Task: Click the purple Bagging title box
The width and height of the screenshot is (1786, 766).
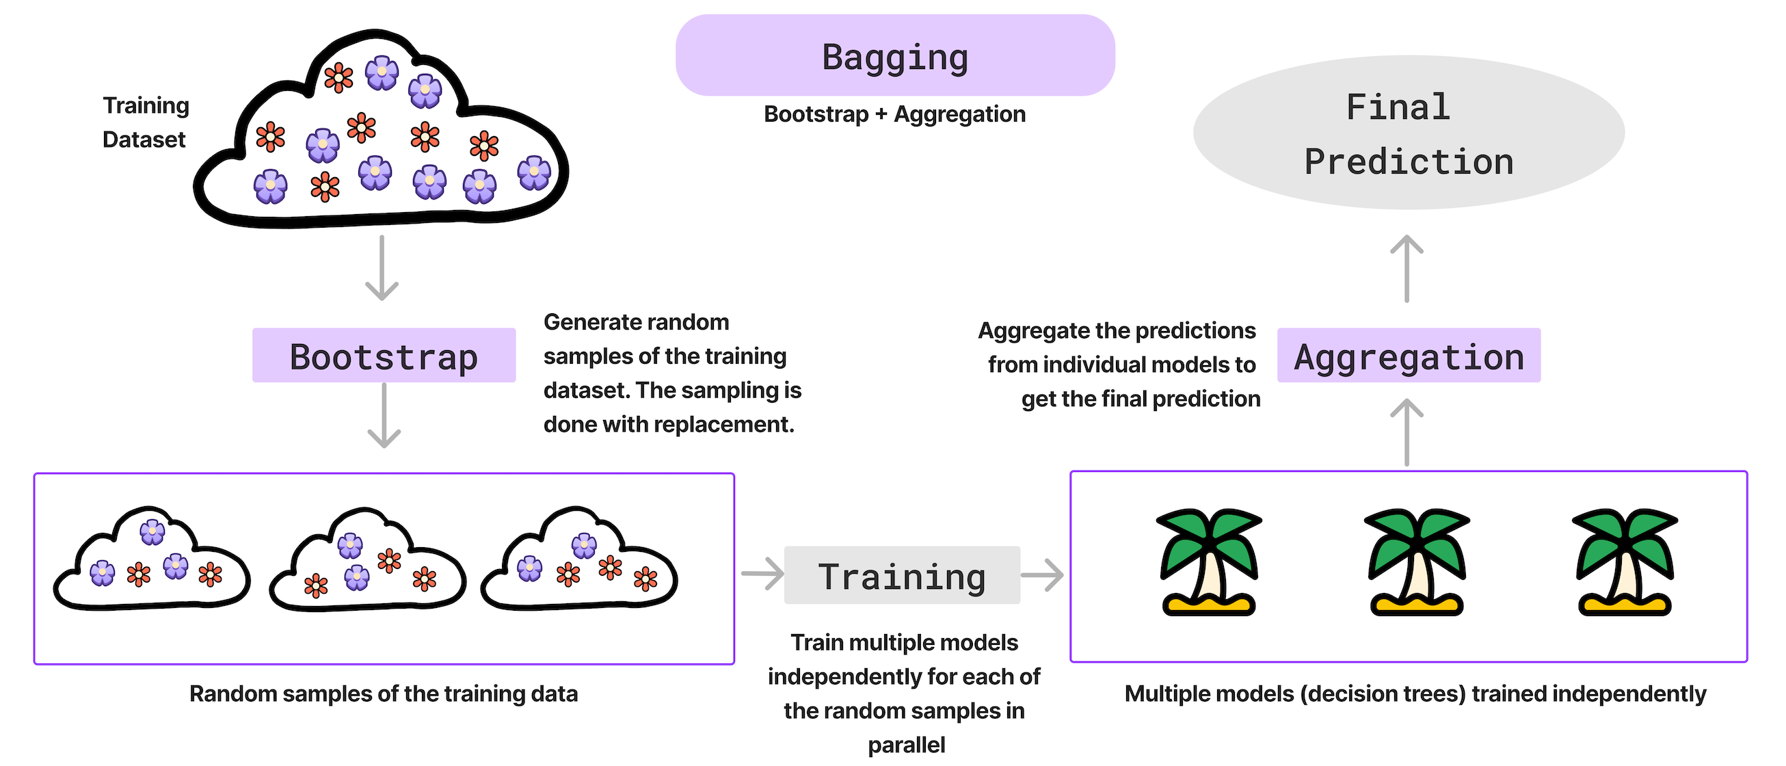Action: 894,55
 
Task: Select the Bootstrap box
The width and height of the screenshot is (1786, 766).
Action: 384,356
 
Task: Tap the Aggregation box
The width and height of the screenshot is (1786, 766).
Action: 1408,356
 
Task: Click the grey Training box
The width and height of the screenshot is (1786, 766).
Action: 901,575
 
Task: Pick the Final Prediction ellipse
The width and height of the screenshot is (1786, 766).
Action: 1408,133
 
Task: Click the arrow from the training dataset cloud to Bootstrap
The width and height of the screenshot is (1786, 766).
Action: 382,268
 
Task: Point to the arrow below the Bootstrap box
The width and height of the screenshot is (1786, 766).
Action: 384,416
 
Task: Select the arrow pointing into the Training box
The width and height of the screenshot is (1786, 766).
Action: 762,574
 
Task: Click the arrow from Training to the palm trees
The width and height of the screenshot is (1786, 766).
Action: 1043,574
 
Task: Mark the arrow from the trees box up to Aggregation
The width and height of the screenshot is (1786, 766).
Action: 1407,432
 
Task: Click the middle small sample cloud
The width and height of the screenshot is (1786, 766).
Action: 367,562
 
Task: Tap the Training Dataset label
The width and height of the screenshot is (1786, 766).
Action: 146,122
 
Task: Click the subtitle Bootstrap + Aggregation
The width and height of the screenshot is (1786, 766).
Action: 894,114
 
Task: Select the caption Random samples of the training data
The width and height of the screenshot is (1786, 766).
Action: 384,694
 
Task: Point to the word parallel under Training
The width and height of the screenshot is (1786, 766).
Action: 906,745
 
